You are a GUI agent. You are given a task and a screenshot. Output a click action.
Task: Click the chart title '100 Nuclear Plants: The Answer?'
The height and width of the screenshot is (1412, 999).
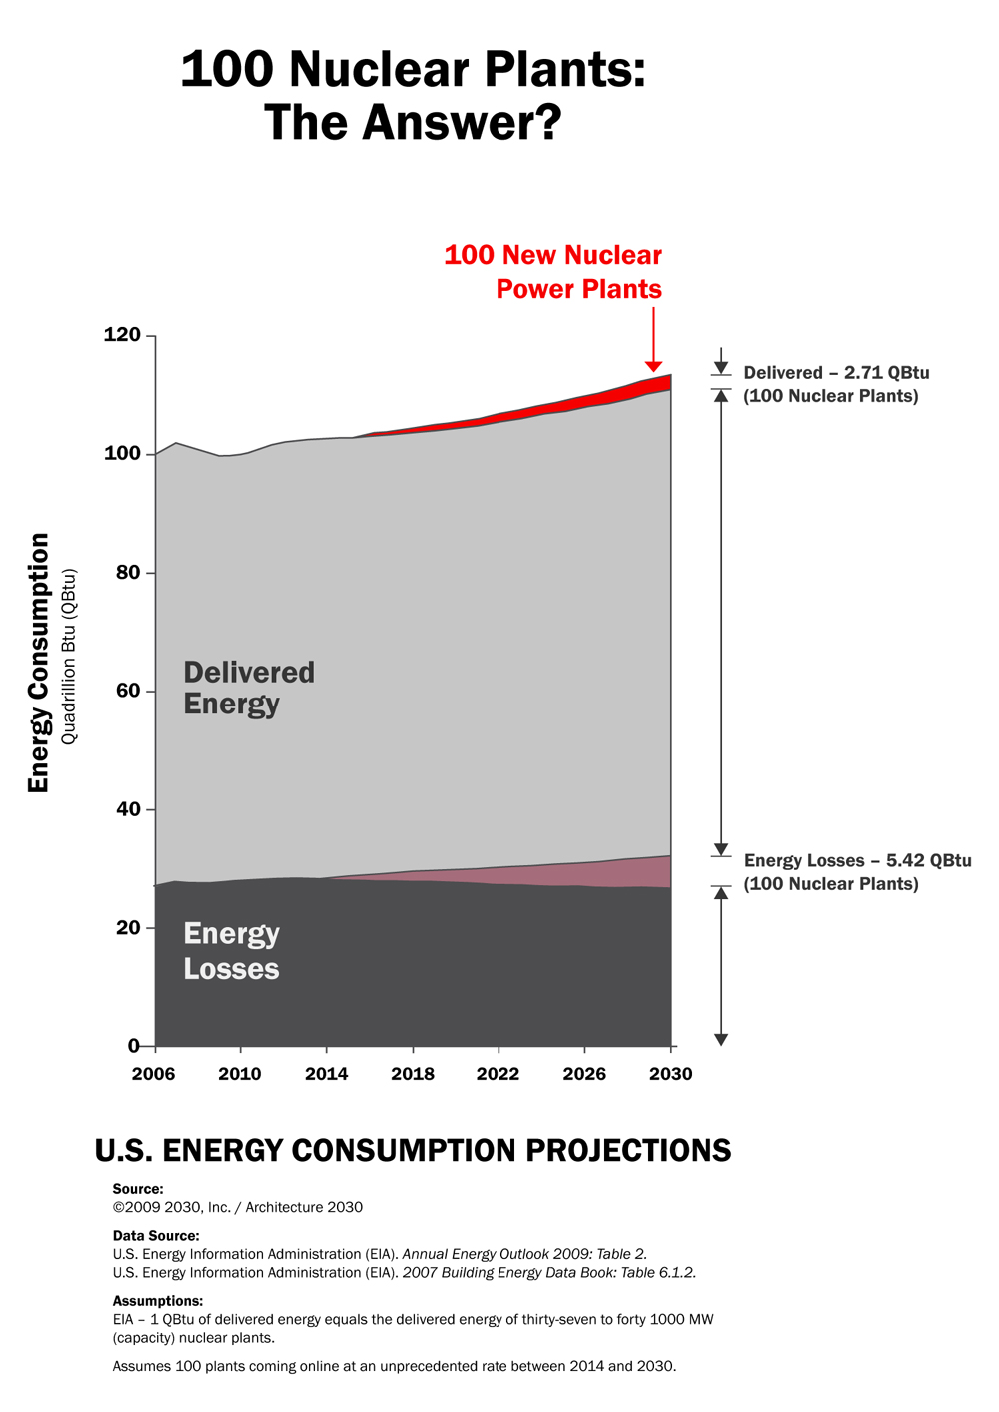tap(413, 96)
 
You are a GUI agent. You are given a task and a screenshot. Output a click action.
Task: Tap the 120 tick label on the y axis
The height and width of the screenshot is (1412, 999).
tap(122, 335)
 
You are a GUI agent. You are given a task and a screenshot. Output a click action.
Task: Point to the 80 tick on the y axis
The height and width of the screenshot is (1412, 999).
tap(127, 573)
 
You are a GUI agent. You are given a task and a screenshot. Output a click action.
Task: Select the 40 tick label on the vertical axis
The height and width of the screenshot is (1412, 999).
tap(127, 809)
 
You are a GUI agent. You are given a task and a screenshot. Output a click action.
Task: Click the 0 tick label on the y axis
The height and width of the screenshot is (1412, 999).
tap(134, 1046)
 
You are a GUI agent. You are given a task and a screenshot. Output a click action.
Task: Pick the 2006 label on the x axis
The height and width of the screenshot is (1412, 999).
tap(154, 1074)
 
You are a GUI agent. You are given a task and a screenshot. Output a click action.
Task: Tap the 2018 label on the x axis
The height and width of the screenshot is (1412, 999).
tap(413, 1074)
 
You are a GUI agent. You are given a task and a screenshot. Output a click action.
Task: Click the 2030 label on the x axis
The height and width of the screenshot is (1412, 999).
tap(671, 1074)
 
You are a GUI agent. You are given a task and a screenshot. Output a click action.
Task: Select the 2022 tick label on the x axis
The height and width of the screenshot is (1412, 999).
tap(498, 1074)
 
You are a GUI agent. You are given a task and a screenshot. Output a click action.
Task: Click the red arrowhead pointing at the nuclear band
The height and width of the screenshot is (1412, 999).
tap(653, 366)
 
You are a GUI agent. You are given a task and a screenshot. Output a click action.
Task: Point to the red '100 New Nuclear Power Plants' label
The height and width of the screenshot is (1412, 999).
tap(553, 272)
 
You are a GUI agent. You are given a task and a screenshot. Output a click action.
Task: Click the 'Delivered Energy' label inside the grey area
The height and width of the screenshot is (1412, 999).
tap(249, 688)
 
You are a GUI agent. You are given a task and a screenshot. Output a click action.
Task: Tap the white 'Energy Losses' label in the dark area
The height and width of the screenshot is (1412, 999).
tap(231, 951)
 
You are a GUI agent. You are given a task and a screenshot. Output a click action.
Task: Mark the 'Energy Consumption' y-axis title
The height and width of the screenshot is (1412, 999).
tap(38, 663)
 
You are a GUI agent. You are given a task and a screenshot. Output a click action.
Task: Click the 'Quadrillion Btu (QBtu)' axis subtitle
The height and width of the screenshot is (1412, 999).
tap(69, 657)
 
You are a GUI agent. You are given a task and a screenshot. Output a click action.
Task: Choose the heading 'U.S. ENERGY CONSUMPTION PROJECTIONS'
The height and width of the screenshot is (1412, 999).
tap(413, 1151)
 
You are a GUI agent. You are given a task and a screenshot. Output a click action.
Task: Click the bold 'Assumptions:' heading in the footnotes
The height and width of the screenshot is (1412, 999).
tap(158, 1301)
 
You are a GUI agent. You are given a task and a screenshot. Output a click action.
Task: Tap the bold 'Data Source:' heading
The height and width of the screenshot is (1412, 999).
tap(156, 1236)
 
